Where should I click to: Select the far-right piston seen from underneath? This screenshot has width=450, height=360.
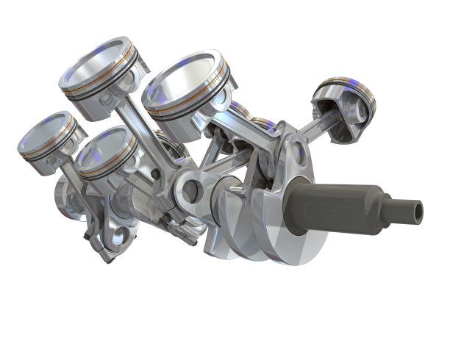click(344, 99)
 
